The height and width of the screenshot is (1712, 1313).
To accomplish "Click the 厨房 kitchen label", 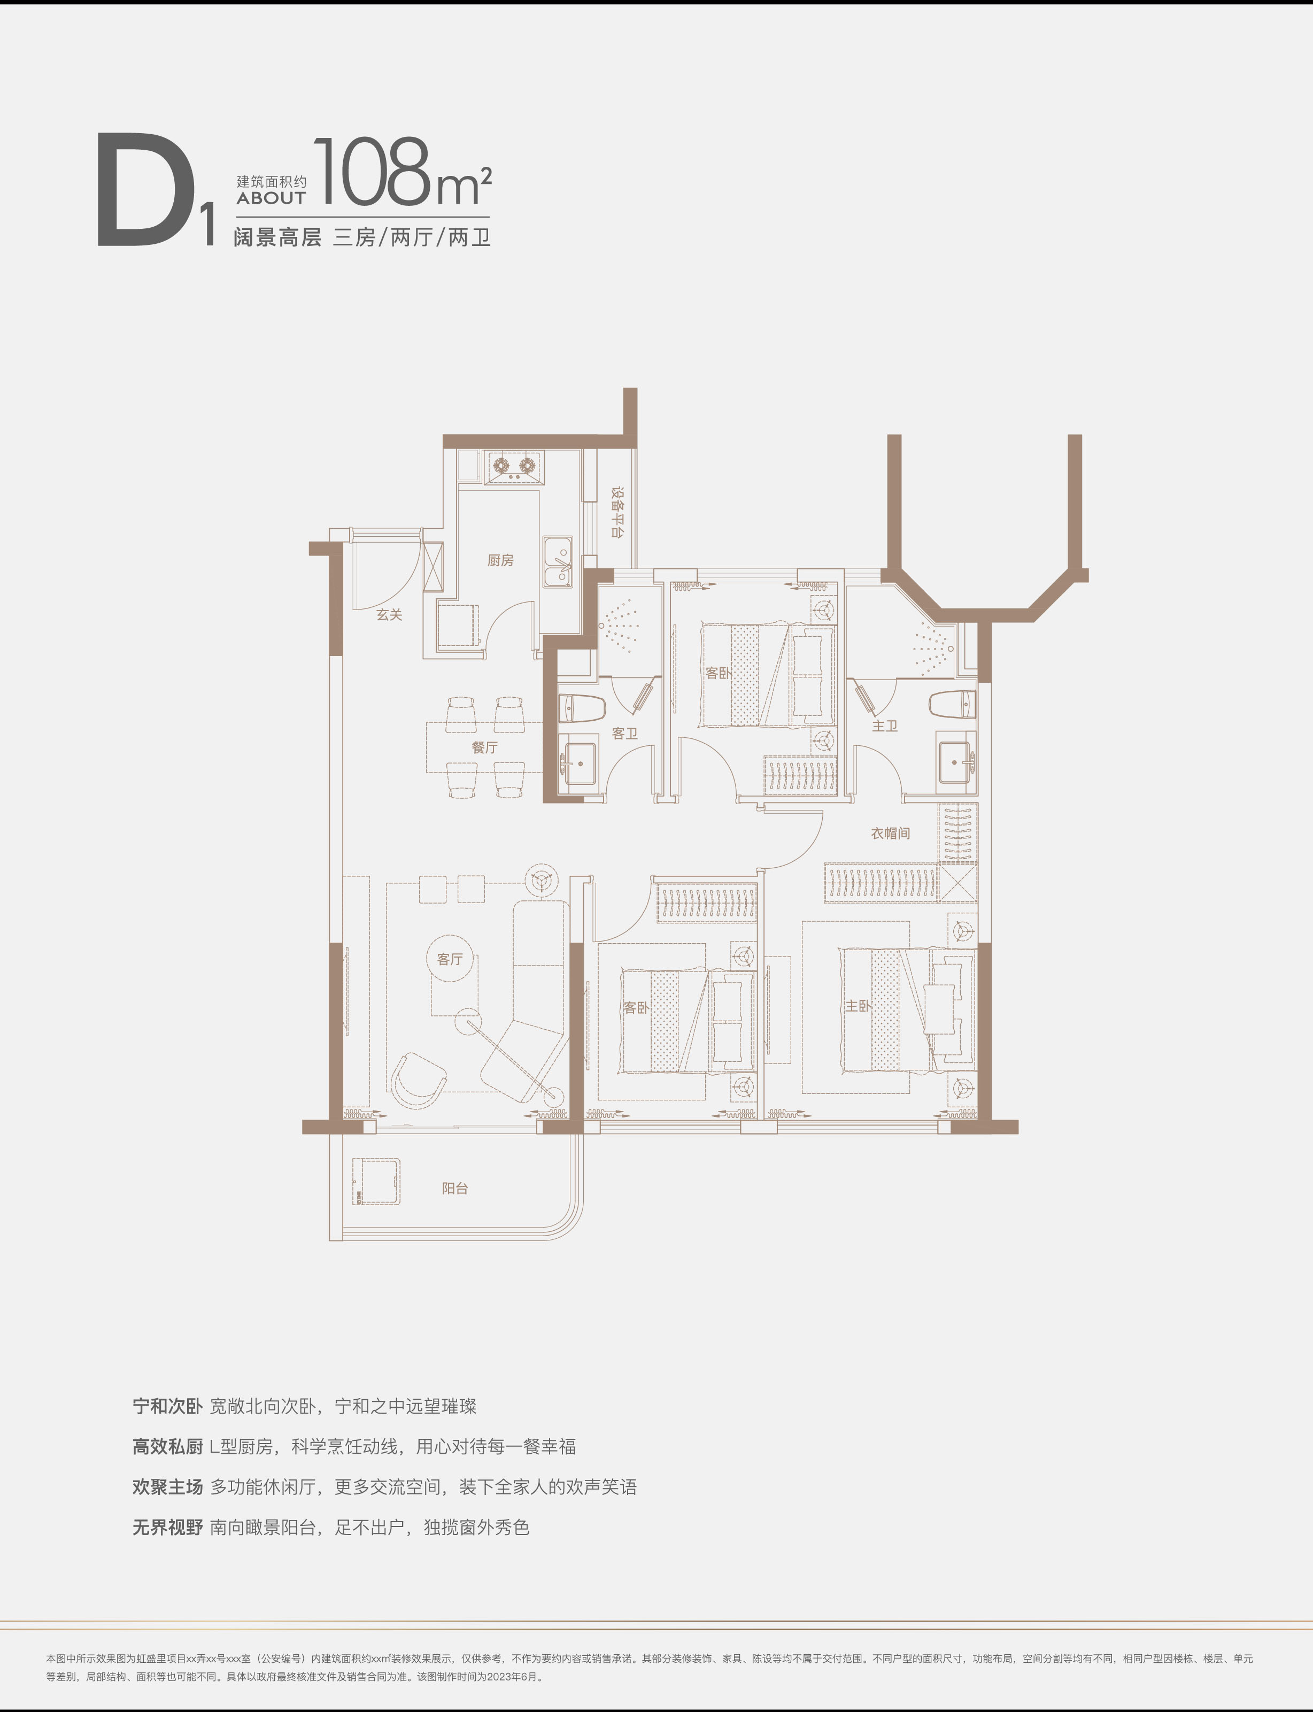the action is point(500,560).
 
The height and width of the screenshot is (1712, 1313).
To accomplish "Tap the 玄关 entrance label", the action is point(389,615).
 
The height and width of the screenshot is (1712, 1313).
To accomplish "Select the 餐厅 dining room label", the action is point(484,747).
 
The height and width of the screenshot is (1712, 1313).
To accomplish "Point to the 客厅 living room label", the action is point(450,959).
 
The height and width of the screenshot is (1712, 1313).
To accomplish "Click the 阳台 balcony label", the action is point(455,1188).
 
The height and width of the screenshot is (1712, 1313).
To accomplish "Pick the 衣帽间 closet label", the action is point(891,834).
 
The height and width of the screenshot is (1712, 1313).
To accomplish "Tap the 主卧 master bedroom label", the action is point(858,1006).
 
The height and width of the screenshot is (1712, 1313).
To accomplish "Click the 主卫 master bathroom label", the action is point(885,726).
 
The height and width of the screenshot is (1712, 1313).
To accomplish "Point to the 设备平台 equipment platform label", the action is point(617,513).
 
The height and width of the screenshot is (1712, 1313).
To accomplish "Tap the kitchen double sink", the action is point(558,562).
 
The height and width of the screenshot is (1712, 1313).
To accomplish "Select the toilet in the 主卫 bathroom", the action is point(952,704).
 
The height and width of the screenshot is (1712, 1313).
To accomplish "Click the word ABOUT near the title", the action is point(271,198).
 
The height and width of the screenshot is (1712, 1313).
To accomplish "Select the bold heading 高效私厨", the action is point(167,1447).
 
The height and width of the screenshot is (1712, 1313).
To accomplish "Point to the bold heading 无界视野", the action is point(167,1528).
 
